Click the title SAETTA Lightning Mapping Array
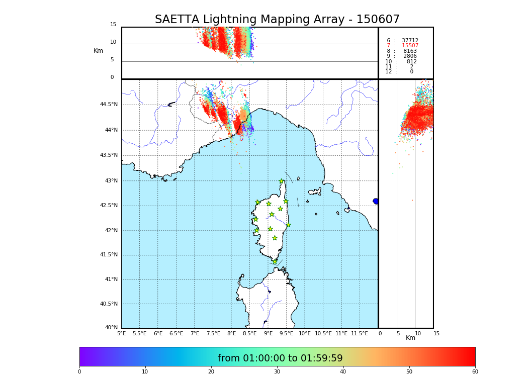pyautogui.click(x=277, y=20)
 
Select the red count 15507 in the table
pyautogui.click(x=410, y=46)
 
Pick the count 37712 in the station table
pyautogui.click(x=410, y=41)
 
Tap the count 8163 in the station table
pyautogui.click(x=410, y=51)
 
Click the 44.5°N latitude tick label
pyautogui.click(x=109, y=105)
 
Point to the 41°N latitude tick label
pyautogui.click(x=110, y=279)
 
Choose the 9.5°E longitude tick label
pyautogui.click(x=286, y=333)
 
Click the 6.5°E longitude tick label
pyautogui.click(x=176, y=333)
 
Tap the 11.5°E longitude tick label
pyautogui.click(x=359, y=333)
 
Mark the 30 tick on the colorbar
pyautogui.click(x=277, y=371)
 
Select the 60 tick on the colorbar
pyautogui.click(x=475, y=371)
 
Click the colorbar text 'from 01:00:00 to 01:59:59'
pyautogui.click(x=280, y=358)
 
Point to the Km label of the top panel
pyautogui.click(x=98, y=51)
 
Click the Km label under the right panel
pyautogui.click(x=410, y=338)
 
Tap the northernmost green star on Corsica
pyautogui.click(x=282, y=181)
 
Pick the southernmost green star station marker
pyautogui.click(x=275, y=261)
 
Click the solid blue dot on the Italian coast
pyautogui.click(x=376, y=201)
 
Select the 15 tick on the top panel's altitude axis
pyautogui.click(x=113, y=25)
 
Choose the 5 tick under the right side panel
pyautogui.click(x=398, y=333)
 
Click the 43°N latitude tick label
pyautogui.click(x=110, y=181)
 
